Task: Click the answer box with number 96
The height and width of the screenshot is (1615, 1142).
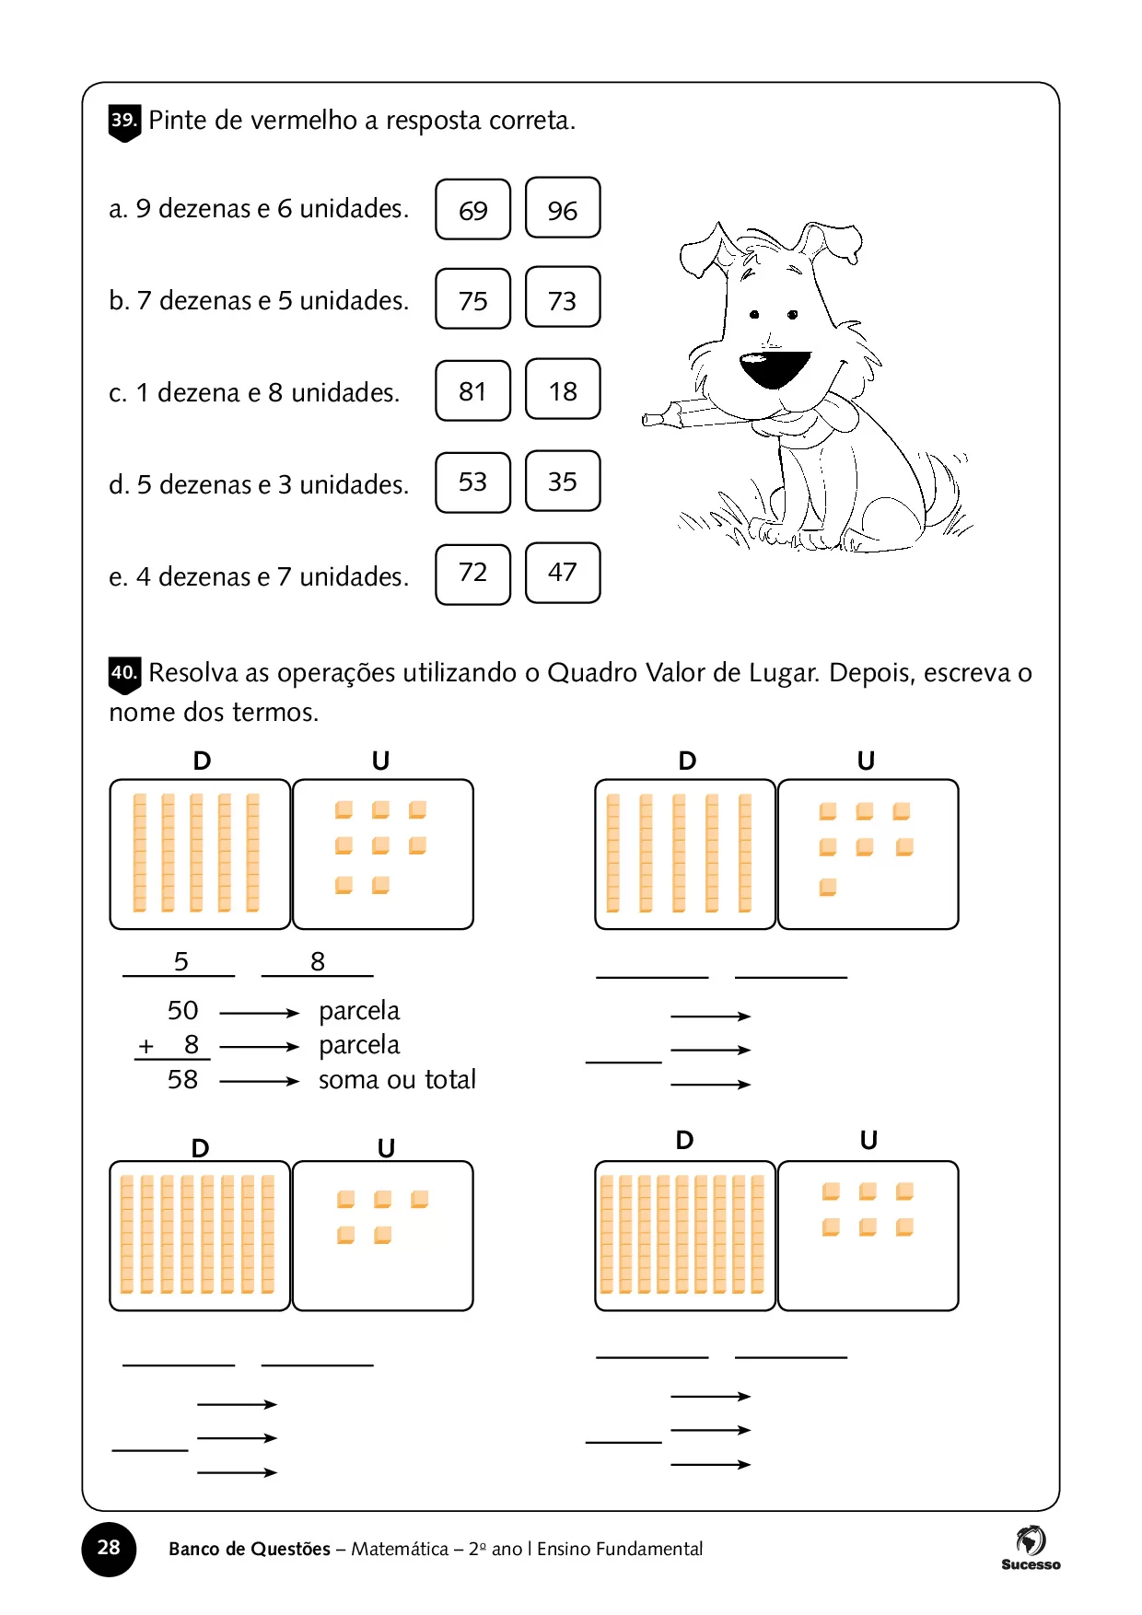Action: [563, 209]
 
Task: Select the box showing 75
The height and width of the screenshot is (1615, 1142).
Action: [472, 299]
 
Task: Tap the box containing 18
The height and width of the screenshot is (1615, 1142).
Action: [563, 390]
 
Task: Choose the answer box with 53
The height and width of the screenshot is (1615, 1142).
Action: [472, 482]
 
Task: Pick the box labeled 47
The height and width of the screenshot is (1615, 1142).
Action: [563, 573]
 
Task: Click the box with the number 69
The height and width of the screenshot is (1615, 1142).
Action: [472, 209]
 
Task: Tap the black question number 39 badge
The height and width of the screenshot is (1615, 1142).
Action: [124, 122]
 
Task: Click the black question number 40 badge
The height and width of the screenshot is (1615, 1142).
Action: [124, 674]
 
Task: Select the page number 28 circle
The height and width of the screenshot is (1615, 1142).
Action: [109, 1548]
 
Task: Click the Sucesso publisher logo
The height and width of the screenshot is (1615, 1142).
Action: [1031, 1547]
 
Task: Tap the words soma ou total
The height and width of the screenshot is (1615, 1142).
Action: [397, 1079]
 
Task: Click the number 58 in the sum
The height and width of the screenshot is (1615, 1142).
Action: [182, 1079]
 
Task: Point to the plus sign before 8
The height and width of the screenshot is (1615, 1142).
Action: [146, 1046]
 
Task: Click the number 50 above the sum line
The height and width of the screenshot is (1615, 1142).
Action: [182, 1010]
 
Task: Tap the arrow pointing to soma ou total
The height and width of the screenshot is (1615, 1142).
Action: [259, 1081]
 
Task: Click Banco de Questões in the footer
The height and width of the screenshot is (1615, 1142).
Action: [249, 1549]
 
